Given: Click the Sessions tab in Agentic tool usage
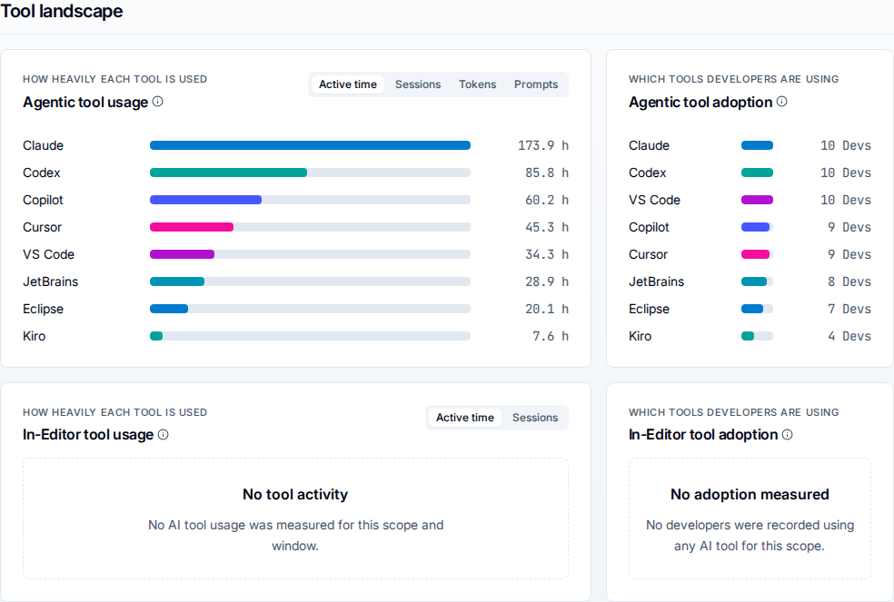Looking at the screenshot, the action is coord(418,84).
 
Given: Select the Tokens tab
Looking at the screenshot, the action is coord(477,84).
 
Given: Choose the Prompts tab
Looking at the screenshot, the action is coord(536,84).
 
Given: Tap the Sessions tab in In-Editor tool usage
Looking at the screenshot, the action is coord(535,418).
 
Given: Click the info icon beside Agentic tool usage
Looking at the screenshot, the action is coord(158,102).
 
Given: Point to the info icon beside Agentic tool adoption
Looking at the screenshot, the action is coord(781,102).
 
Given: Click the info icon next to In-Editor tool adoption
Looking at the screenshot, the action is coord(788,434).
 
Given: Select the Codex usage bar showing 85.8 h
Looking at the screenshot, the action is coord(228,173).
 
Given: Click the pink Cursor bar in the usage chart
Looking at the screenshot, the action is coord(192,227).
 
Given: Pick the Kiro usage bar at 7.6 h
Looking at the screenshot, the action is coord(156,336).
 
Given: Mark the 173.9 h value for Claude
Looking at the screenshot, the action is coord(542,145).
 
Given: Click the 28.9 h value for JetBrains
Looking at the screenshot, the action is coord(547,281).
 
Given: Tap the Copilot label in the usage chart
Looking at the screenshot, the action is coord(43,200).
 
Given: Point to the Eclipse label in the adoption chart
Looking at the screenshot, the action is coord(649,309).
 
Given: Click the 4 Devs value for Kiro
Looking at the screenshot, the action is coord(849,336).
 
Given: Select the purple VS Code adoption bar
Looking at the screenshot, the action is coord(757,200).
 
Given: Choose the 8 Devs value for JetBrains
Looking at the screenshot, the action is coord(849,281).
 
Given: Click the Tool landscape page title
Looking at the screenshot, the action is coord(62,11).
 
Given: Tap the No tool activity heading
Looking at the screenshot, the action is coord(295,494).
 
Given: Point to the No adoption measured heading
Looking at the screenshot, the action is coord(750,494).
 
